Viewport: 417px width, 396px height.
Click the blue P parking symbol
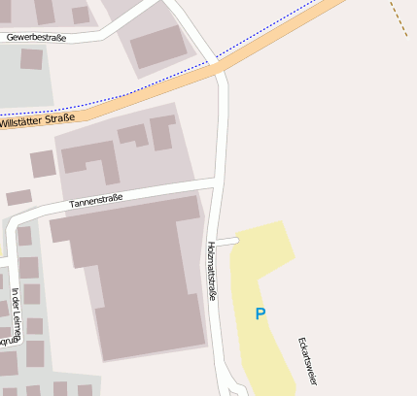(x=260, y=313)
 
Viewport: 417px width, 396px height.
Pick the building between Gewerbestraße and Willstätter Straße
(x=158, y=47)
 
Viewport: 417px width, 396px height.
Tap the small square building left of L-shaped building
(x=43, y=164)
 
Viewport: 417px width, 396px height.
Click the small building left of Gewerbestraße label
(x=31, y=58)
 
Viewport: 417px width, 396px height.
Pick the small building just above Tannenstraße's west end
(x=18, y=197)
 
